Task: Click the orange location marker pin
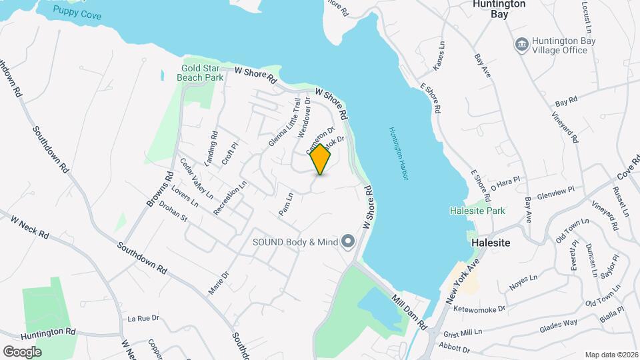point(321,159)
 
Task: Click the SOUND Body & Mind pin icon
point(347,242)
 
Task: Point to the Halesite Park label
point(478,211)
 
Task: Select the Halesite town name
point(490,243)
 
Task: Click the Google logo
point(22,351)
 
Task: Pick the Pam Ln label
point(285,205)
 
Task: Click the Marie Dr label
point(218,284)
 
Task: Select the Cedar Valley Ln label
point(196,178)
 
